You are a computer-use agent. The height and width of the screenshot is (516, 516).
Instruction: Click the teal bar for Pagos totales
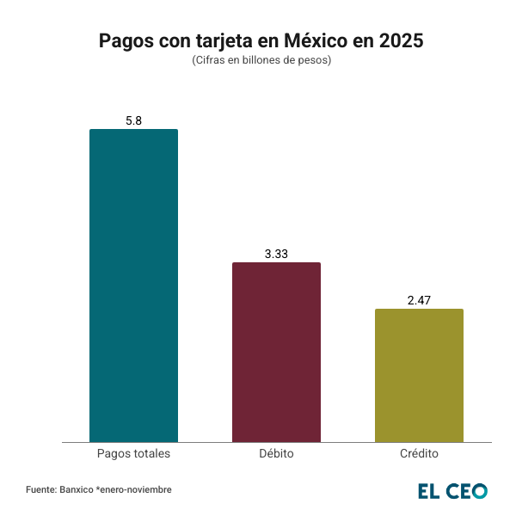coord(133,286)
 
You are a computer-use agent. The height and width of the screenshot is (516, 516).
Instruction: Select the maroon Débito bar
coord(276,352)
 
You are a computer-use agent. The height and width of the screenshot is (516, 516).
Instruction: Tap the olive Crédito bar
coord(419,375)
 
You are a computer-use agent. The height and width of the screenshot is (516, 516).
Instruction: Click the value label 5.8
coord(133,120)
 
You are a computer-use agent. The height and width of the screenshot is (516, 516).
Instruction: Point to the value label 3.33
coord(276,254)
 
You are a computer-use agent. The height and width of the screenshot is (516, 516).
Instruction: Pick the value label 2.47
coord(419,300)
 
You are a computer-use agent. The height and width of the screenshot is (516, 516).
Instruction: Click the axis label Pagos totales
coord(133,453)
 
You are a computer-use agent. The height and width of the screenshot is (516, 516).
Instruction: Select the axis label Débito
coord(276,453)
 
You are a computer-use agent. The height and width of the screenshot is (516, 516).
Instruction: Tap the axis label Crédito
coord(419,453)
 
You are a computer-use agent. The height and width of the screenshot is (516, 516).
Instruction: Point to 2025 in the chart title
coord(400,40)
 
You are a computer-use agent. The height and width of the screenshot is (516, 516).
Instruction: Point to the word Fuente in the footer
coord(41,489)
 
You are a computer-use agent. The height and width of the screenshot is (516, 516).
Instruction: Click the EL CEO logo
coord(452,491)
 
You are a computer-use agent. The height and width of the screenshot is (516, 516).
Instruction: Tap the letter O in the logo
coord(479,491)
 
